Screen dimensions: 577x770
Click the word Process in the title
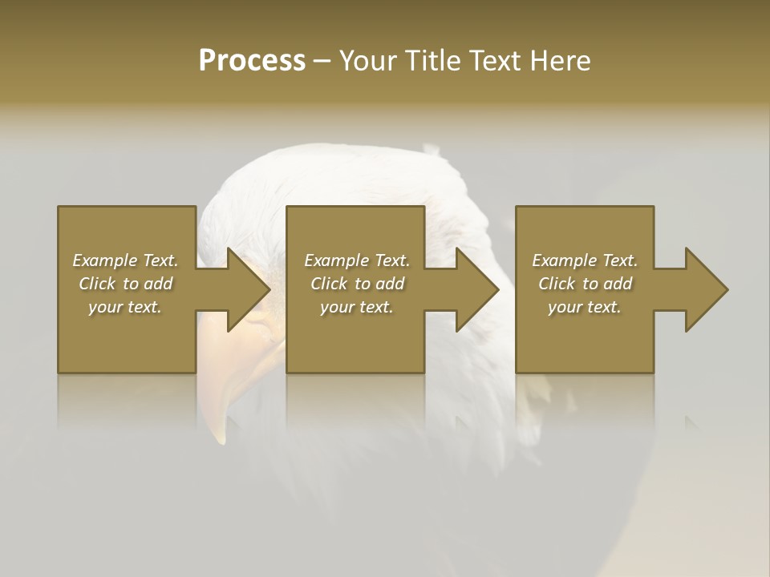252,61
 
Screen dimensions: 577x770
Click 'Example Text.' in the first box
125,260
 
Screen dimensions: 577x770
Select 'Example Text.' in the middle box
356,260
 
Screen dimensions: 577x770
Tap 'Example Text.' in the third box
585,260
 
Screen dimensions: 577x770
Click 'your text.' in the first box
125,307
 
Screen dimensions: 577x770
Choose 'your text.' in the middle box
356,307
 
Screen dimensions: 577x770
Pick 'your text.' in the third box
585,307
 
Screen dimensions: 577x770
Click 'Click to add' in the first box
125,284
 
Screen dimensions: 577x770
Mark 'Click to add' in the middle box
356,284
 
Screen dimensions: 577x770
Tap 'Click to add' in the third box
585,284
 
